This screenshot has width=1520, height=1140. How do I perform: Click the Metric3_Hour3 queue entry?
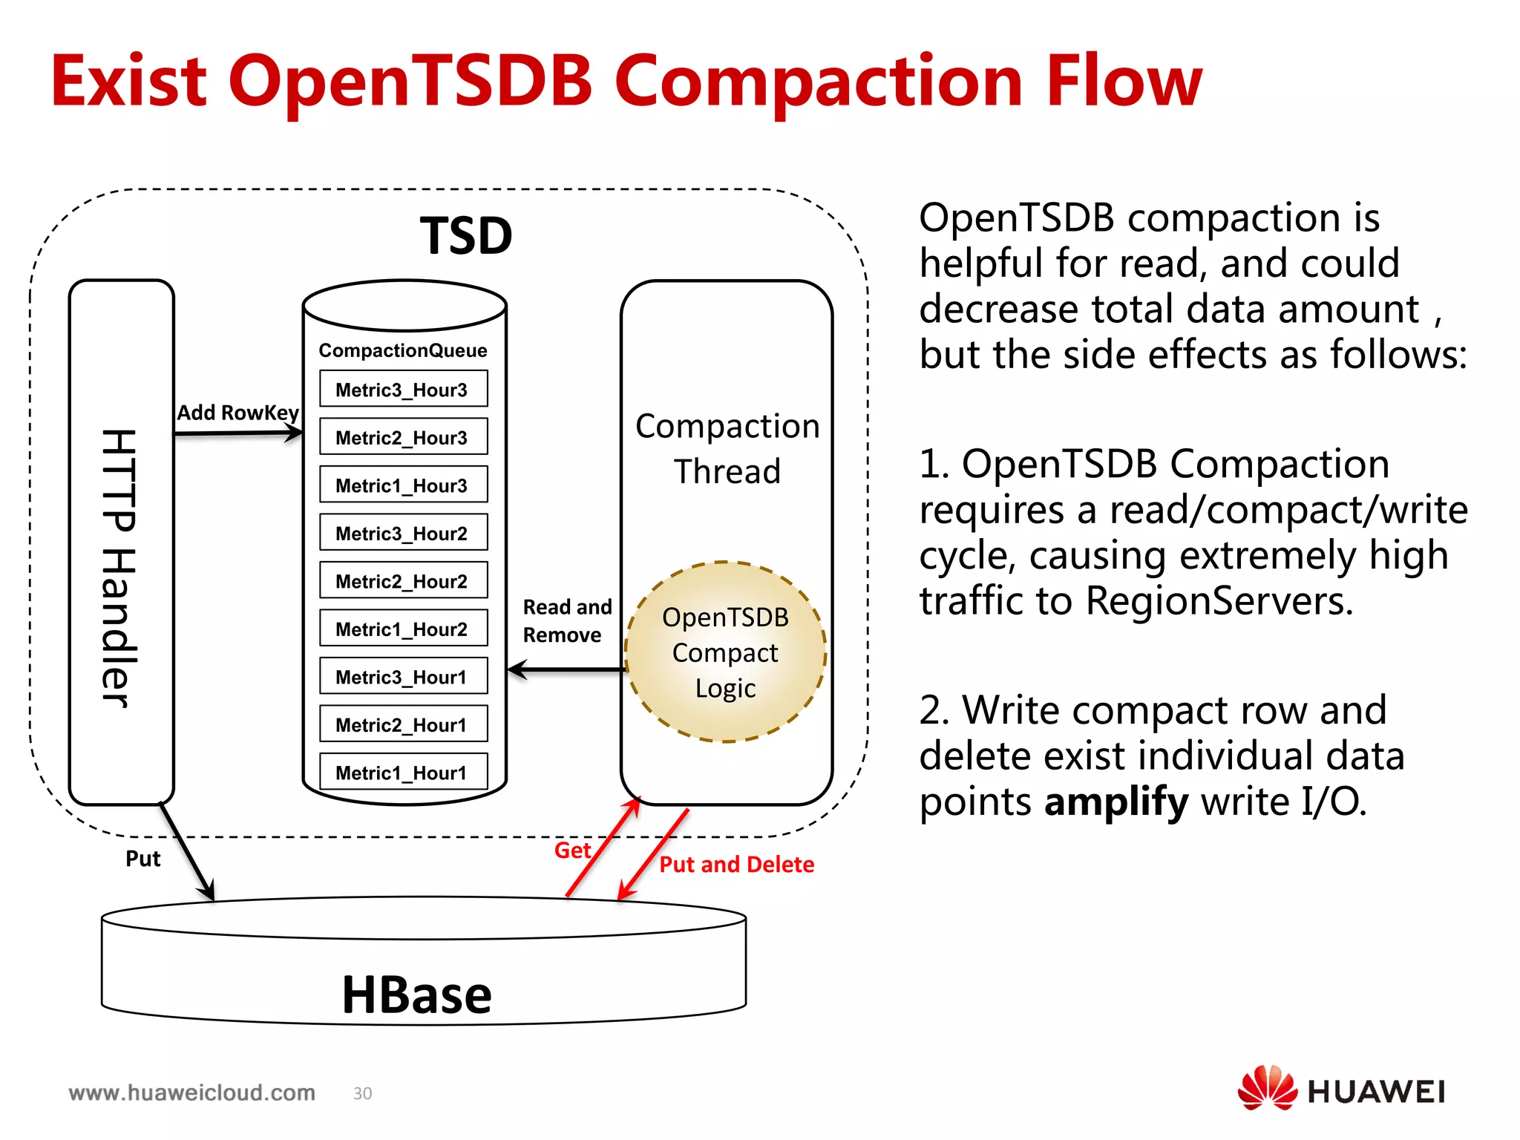403,390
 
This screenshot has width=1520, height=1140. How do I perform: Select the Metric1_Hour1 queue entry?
403,773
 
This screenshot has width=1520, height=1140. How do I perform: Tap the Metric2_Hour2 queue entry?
403,581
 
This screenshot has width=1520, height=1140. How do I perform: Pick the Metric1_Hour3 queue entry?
403,485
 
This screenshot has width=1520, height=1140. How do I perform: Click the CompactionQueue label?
403,350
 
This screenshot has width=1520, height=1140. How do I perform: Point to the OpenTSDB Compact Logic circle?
725,652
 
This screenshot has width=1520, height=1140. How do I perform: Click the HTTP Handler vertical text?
119,568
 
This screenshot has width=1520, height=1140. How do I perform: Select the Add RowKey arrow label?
237,413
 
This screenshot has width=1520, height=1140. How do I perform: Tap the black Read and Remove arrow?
566,670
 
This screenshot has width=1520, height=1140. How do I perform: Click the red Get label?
572,851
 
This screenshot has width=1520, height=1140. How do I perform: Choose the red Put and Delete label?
736,865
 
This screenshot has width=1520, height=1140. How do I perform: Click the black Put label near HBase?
142,859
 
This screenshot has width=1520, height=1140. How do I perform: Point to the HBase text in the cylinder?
416,995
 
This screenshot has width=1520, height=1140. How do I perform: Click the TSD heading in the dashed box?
466,237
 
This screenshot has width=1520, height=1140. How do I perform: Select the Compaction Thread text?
727,448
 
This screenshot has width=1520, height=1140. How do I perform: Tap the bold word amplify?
1116,802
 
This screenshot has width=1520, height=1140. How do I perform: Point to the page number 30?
362,1093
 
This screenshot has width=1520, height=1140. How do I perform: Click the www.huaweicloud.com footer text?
191,1092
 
